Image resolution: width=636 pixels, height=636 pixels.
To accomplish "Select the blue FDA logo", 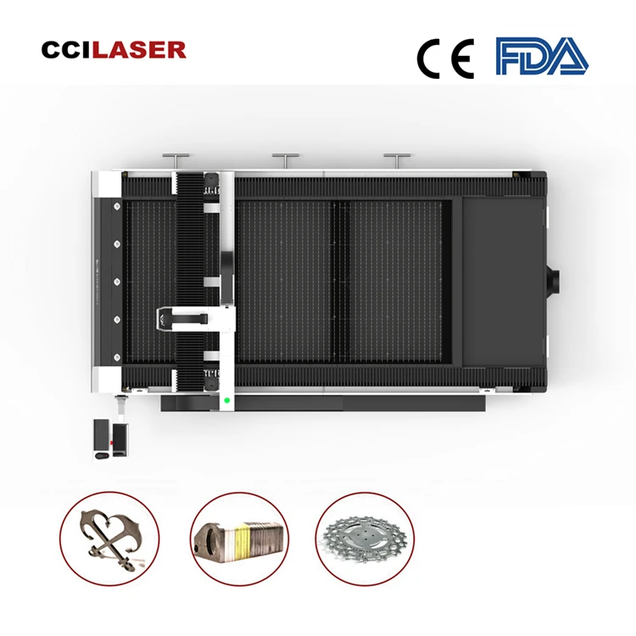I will pyautogui.click(x=541, y=56).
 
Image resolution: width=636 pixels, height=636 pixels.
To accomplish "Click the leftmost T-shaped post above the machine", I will pyautogui.click(x=176, y=159).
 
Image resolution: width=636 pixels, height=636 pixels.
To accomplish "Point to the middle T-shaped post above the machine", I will pyautogui.click(x=286, y=159).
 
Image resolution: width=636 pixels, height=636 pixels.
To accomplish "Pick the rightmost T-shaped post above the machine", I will pyautogui.click(x=396, y=159).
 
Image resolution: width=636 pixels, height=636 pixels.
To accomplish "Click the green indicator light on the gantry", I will pyautogui.click(x=226, y=399).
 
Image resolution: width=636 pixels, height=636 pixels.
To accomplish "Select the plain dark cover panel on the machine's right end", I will pyautogui.click(x=500, y=280).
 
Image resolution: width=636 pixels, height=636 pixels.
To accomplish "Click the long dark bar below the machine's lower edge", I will pyautogui.click(x=322, y=402).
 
